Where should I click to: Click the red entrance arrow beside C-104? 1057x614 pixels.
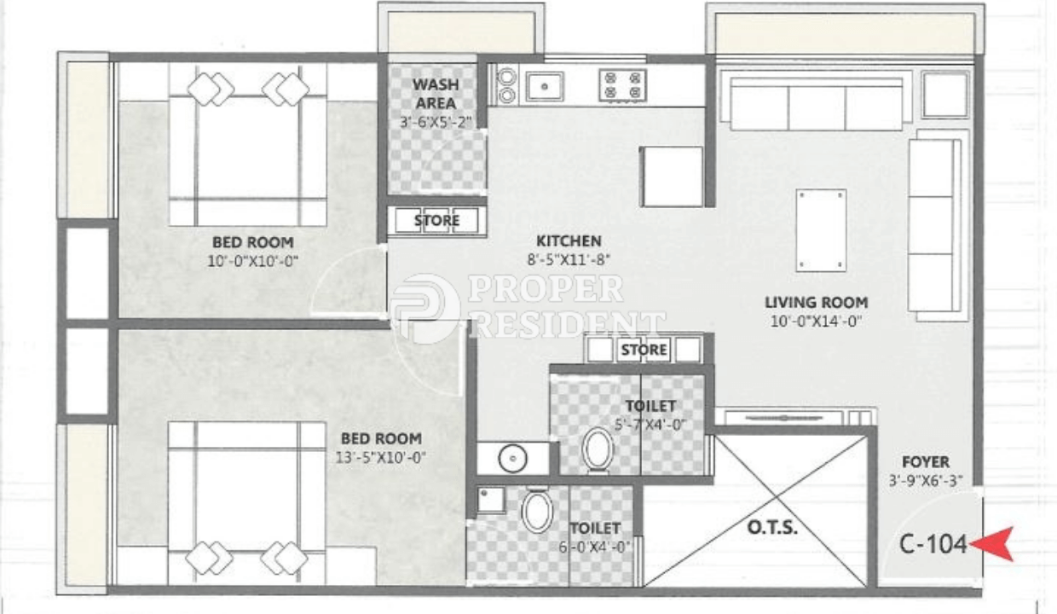(991, 544)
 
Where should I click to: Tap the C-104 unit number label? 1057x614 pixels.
(933, 544)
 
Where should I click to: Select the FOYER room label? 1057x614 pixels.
(926, 461)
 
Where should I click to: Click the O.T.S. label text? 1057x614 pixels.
(772, 527)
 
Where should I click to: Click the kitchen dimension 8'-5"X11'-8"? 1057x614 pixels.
(569, 259)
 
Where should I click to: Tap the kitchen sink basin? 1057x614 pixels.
(545, 86)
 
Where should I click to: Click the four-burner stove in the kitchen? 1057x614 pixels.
(622, 85)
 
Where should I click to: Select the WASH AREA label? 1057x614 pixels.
(436, 94)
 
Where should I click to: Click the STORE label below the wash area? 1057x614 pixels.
(436, 220)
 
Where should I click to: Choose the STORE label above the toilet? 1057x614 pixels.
(644, 350)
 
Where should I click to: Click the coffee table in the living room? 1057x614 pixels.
(821, 230)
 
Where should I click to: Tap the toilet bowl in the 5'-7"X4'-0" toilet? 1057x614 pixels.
(598, 449)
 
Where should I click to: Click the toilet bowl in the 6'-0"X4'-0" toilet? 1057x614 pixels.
(537, 511)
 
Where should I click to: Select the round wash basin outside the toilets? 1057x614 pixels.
(512, 458)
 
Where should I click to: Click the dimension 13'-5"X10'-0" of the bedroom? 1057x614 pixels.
(381, 457)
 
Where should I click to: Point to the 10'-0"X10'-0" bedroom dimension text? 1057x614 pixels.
(253, 261)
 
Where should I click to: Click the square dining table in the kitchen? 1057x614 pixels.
(672, 177)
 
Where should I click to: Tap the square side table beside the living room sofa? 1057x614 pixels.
(945, 95)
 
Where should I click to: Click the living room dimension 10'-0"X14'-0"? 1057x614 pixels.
(817, 321)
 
